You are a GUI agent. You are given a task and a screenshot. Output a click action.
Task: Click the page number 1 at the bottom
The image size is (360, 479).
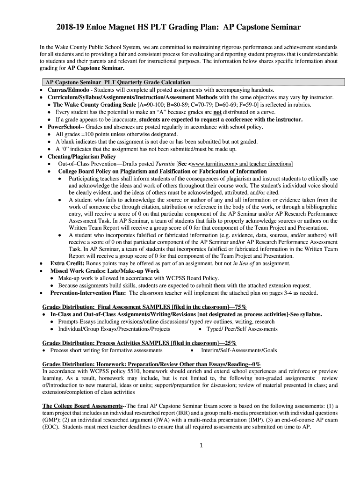point(200,445)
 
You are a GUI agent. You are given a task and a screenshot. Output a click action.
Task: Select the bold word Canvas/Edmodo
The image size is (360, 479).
point(69,90)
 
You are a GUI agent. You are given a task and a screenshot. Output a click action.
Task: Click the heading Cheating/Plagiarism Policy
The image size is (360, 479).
point(82,157)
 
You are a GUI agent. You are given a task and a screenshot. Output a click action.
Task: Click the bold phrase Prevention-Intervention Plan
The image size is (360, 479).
point(88,293)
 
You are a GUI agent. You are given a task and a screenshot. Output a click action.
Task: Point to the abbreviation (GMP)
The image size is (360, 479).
point(51,420)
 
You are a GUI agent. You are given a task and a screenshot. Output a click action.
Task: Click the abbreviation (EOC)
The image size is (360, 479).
point(51,427)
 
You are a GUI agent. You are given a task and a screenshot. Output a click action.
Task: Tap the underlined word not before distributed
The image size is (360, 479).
point(217,112)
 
